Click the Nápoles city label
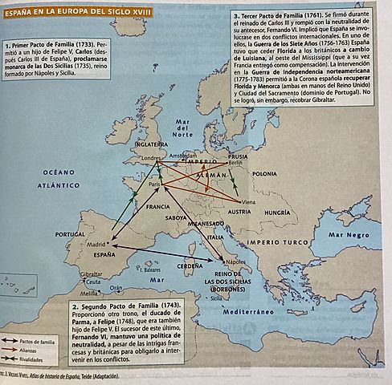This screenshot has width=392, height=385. [x=236, y=261]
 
